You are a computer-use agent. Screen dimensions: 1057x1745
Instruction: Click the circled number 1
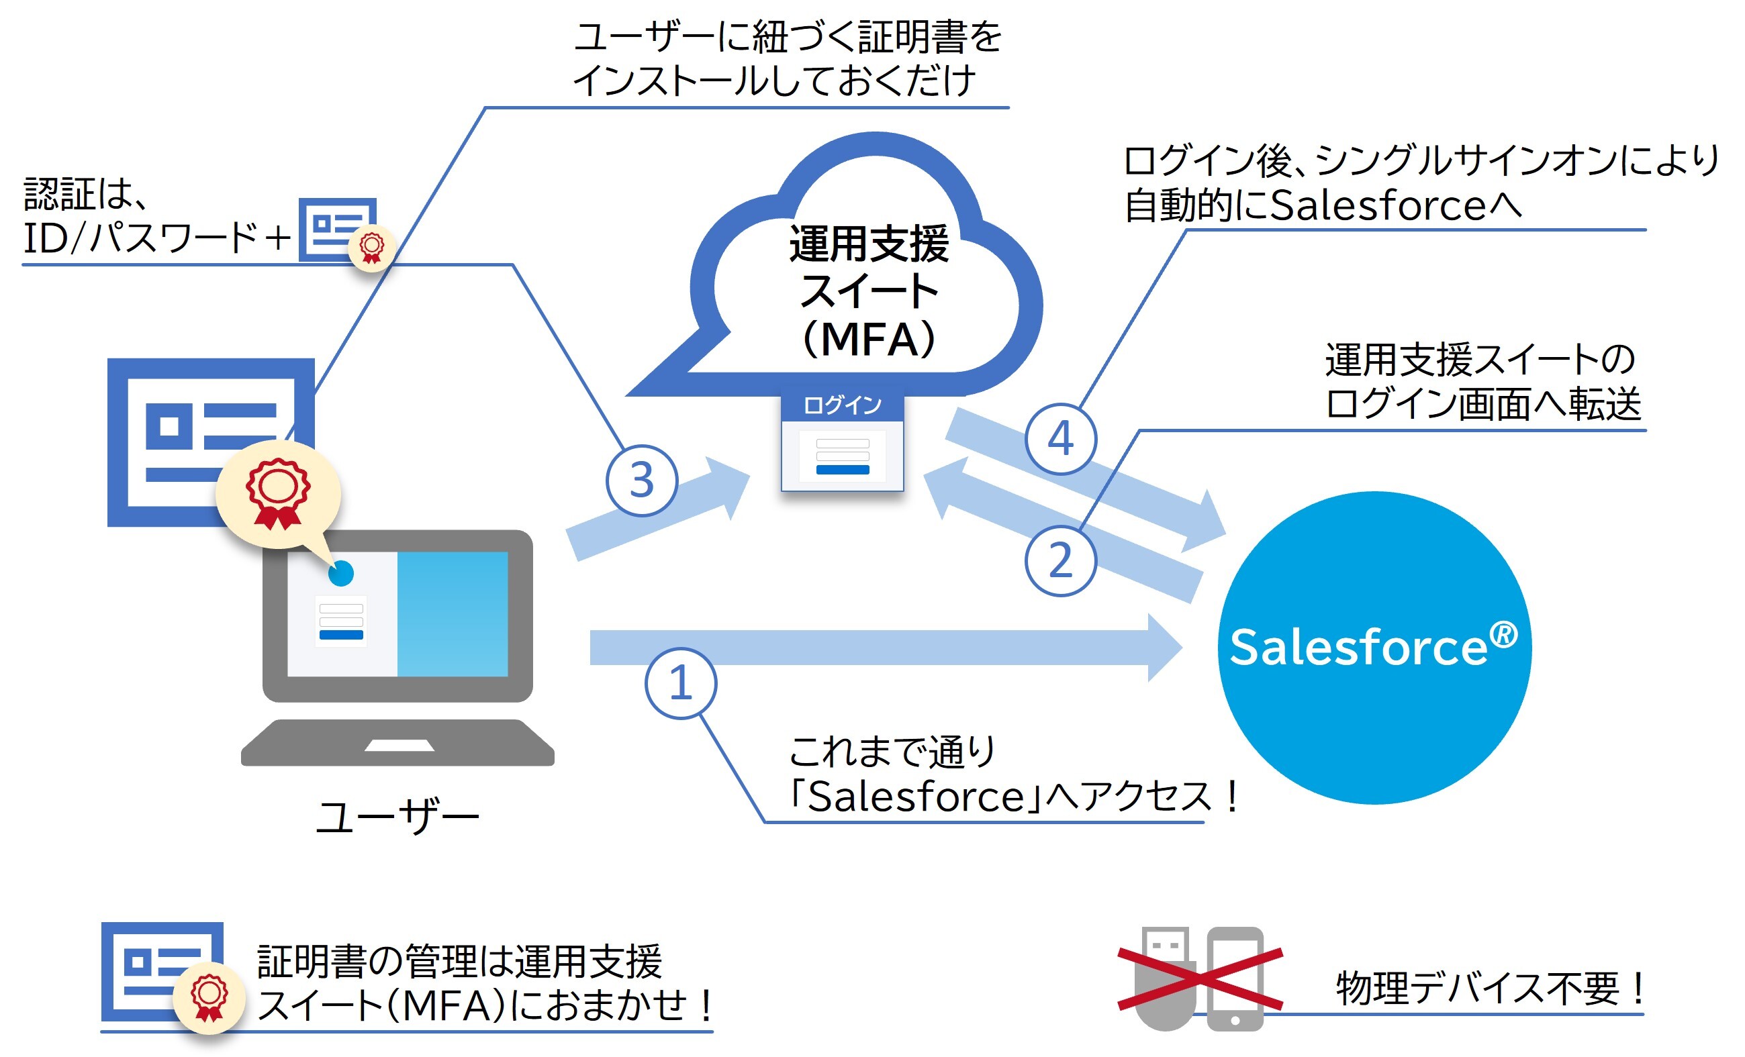(681, 684)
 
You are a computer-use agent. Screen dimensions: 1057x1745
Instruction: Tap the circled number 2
(1060, 560)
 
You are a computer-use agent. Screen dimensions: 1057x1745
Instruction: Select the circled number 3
(642, 480)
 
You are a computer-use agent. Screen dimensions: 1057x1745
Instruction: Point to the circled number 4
(1060, 439)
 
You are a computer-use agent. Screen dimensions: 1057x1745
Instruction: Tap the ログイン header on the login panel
(842, 405)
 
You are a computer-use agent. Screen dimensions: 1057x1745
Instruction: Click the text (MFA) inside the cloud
(869, 339)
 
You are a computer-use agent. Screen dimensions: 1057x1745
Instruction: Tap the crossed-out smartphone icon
(1235, 978)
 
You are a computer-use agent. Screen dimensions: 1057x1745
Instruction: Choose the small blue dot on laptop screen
(341, 573)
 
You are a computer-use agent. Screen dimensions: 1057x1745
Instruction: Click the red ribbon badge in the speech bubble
(277, 493)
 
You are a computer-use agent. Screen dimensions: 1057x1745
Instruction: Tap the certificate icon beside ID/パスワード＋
(344, 230)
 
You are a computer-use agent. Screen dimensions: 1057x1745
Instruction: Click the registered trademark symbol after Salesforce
(1503, 634)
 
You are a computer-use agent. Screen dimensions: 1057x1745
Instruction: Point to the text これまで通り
(892, 752)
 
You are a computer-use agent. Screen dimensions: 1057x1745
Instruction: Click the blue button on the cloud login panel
(842, 470)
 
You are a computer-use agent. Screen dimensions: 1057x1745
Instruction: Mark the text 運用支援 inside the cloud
(869, 244)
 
